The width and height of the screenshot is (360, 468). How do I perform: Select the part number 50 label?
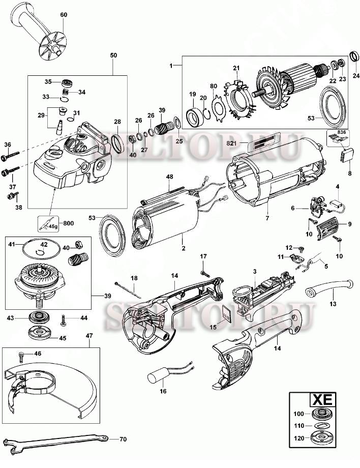pyautogui.click(x=113, y=54)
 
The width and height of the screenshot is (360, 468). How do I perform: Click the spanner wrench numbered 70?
pyautogui.click(x=56, y=439)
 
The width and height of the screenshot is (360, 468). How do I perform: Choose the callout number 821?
pyautogui.click(x=232, y=144)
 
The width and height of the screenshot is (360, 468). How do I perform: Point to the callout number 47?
pyautogui.click(x=89, y=336)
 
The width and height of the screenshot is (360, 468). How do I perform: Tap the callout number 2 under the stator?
pyautogui.click(x=183, y=248)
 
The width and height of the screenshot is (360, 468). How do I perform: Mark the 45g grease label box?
pyautogui.click(x=50, y=223)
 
